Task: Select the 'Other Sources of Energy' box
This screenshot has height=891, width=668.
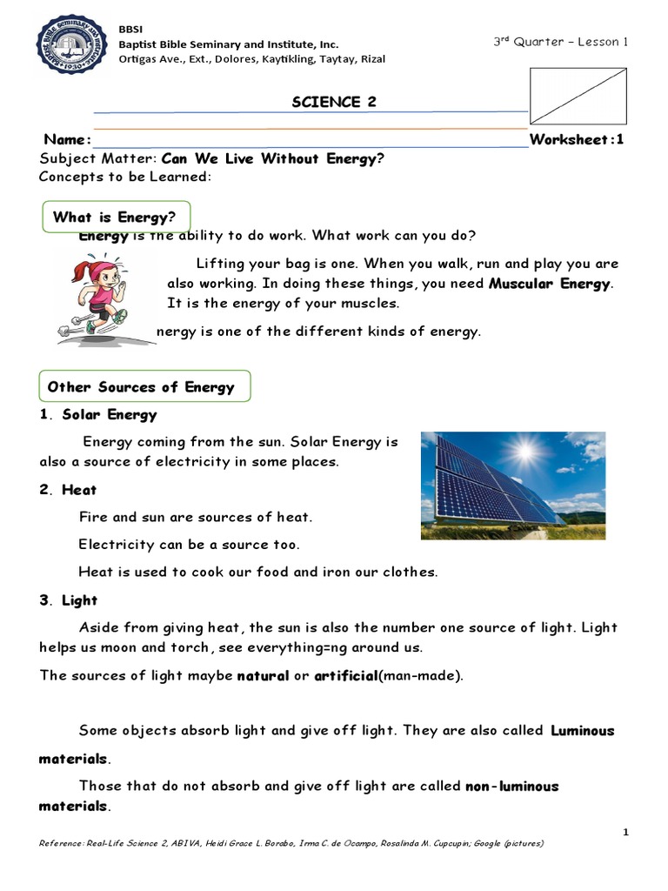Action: coord(144,386)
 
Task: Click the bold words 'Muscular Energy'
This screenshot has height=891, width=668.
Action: coord(551,284)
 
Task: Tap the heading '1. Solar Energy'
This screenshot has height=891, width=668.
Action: coord(98,414)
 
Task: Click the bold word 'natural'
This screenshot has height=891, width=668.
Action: coord(263,675)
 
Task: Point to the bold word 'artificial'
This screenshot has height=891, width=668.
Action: coord(345,675)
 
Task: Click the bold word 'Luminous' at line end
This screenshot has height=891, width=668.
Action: coord(583,731)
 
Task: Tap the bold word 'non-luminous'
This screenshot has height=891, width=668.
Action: coord(512,786)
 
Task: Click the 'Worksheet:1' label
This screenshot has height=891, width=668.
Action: coord(577,140)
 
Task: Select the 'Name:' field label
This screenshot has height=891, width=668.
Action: coord(67,140)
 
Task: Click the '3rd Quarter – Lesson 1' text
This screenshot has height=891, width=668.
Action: coord(560,42)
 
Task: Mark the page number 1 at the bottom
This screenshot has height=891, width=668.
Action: coord(625,833)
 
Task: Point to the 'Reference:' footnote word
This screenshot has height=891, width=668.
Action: coord(62,844)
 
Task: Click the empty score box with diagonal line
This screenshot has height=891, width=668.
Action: coord(578,97)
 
